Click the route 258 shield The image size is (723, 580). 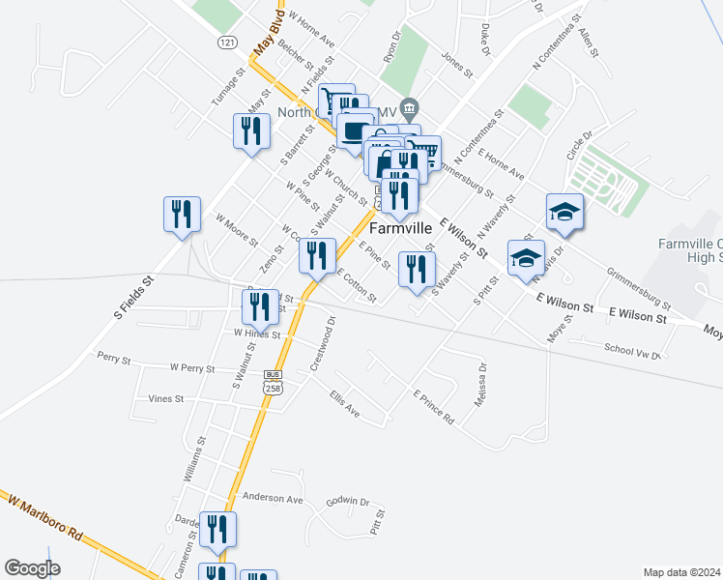tap(272, 386)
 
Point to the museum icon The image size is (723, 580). tap(410, 106)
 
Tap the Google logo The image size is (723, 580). tap(32, 568)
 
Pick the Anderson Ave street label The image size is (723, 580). tap(273, 498)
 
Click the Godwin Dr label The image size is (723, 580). tap(348, 502)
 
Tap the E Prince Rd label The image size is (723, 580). tap(433, 407)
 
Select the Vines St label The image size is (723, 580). tap(166, 398)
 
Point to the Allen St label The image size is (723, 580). tap(588, 43)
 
